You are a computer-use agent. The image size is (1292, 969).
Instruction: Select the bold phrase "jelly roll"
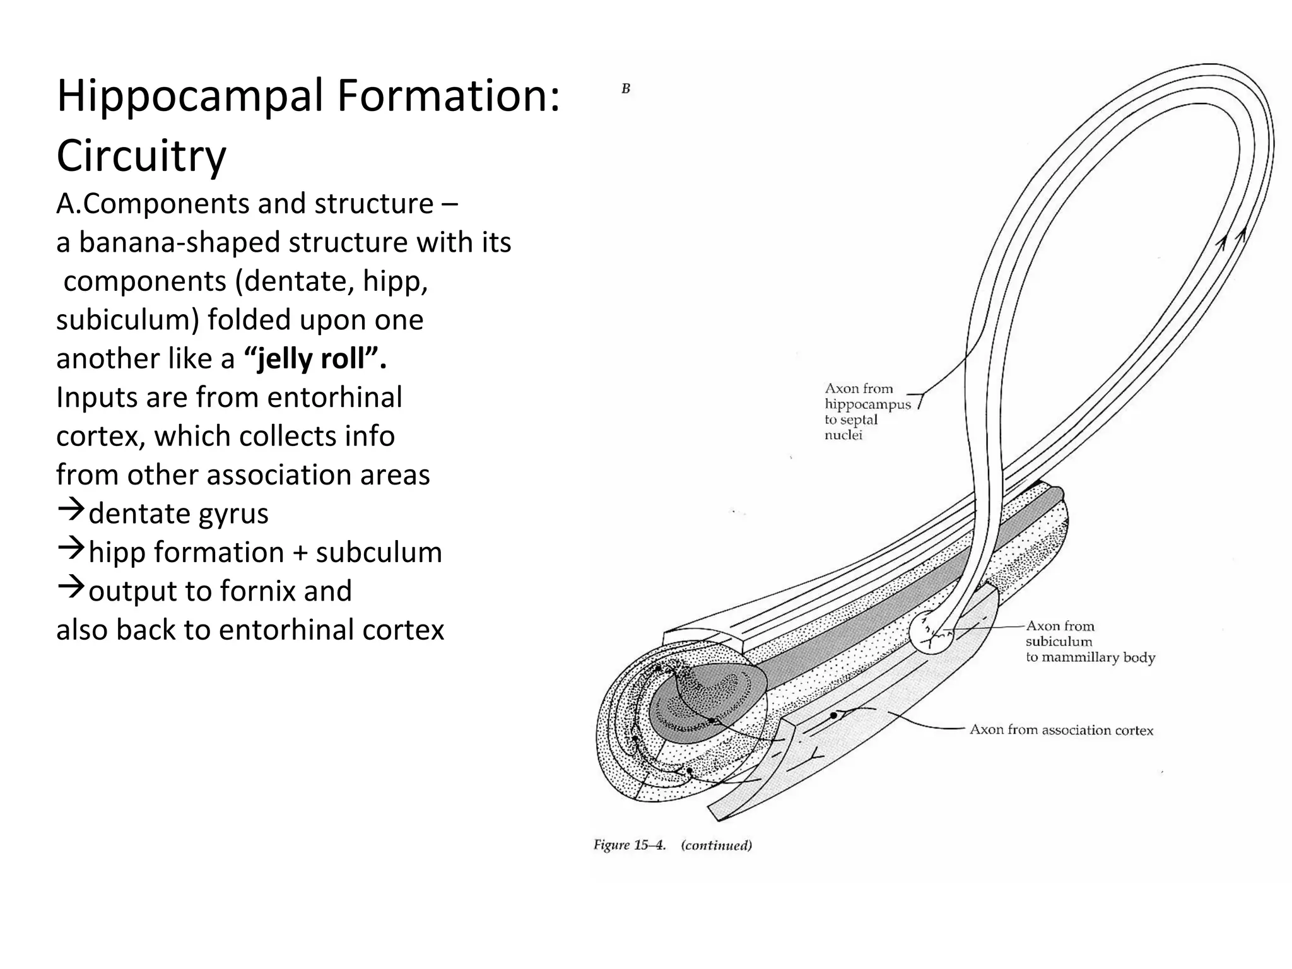pos(314,358)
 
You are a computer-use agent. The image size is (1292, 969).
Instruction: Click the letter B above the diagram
pos(626,89)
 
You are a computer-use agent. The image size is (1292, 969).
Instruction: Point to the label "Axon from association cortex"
pos(1061,730)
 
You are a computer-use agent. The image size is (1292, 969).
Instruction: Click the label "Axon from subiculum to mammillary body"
pos(1089,642)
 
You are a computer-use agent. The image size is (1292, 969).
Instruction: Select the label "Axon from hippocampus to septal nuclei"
pos(867,412)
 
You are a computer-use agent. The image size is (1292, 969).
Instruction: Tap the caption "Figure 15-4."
pos(630,845)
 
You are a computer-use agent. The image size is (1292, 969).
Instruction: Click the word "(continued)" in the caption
pos(716,845)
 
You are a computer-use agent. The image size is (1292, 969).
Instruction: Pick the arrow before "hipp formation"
pos(71,549)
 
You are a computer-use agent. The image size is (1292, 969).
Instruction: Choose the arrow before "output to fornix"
pos(71,587)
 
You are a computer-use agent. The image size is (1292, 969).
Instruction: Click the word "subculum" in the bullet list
pos(379,552)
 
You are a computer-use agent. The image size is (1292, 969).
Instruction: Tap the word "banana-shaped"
pos(179,242)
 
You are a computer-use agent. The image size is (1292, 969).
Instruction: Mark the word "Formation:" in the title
pos(449,97)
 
